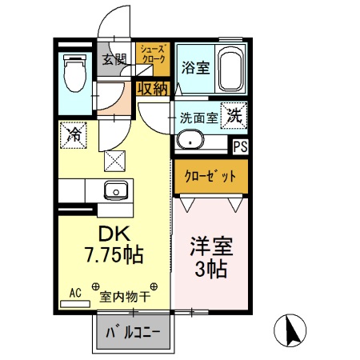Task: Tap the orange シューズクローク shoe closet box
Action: pyautogui.click(x=150, y=56)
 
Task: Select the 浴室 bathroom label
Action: pyautogui.click(x=195, y=68)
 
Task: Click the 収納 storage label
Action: pyautogui.click(x=151, y=89)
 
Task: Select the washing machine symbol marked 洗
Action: pyautogui.click(x=236, y=114)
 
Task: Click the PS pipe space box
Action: pyautogui.click(x=239, y=146)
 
